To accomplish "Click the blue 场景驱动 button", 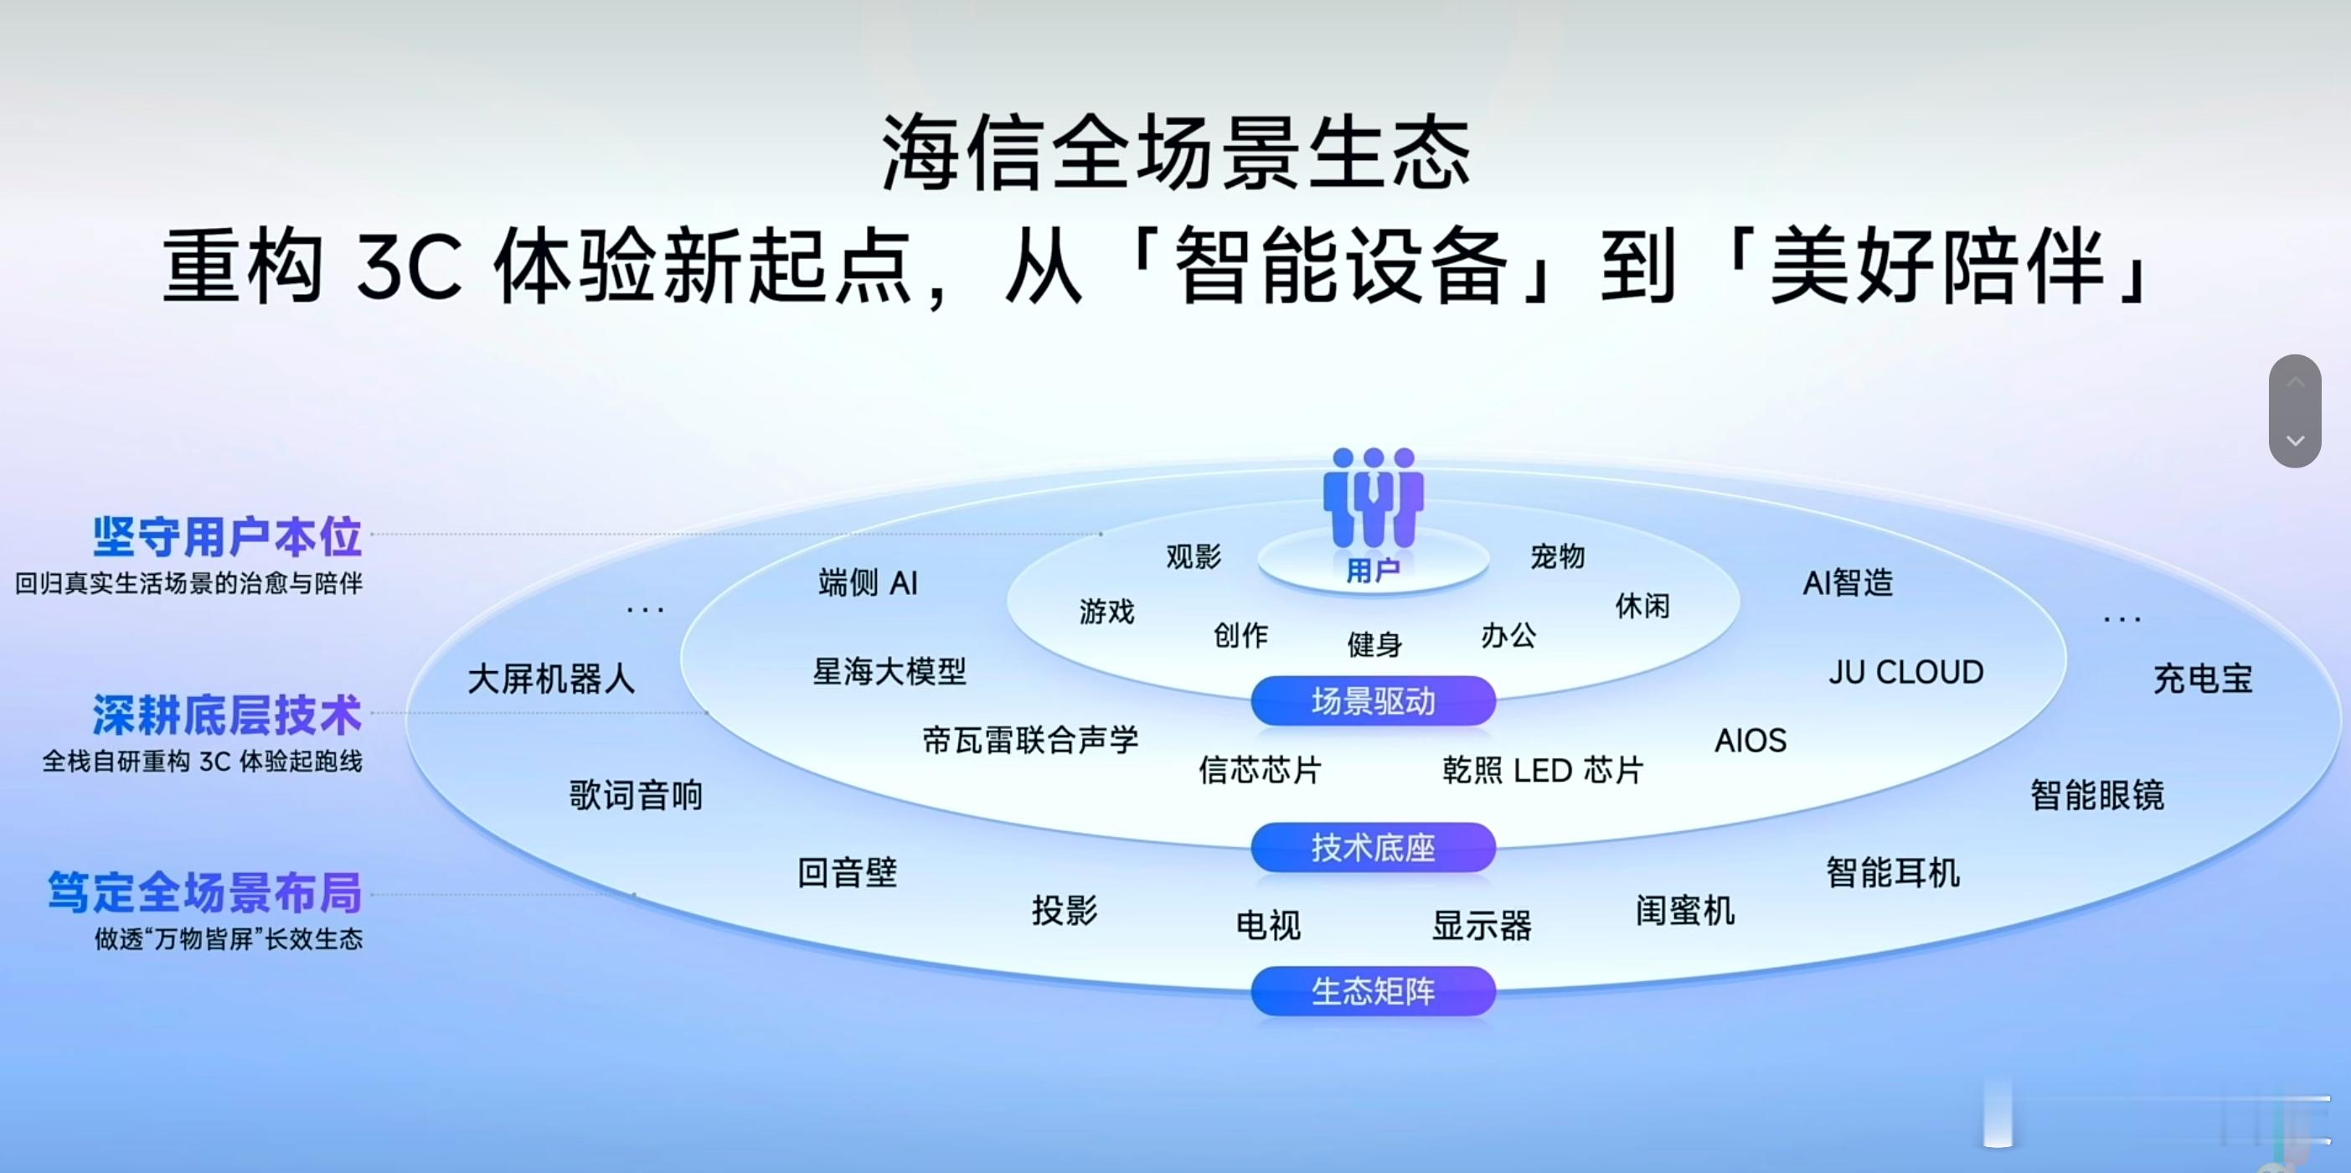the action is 1373,701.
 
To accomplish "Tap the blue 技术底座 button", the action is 1373,848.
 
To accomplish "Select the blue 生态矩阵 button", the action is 1373,991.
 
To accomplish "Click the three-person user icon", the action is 1373,498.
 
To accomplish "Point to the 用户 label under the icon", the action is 1373,571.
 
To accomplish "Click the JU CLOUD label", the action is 1905,673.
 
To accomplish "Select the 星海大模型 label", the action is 889,672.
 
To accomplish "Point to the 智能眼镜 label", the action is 2097,795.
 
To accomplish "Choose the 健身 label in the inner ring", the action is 1374,644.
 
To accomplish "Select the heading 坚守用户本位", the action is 227,537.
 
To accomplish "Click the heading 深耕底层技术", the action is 227,715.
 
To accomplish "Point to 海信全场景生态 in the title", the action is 1176,153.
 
